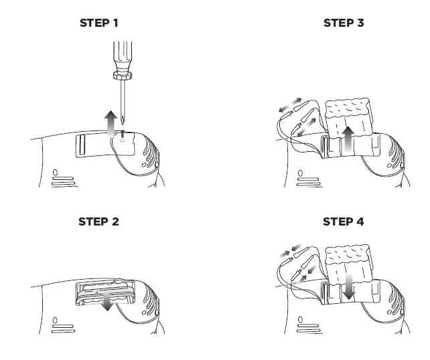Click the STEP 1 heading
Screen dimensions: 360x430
99,23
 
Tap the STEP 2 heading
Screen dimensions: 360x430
99,221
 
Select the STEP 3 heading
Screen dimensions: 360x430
344,23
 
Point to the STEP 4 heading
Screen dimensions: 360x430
344,221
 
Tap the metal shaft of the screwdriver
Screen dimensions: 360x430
124,97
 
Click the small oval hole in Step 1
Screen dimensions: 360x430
55,172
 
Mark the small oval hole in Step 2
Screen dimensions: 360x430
55,321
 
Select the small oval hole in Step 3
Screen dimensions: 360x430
299,172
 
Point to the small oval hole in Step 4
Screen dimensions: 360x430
299,321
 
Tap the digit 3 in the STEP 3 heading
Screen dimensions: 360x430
360,23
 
